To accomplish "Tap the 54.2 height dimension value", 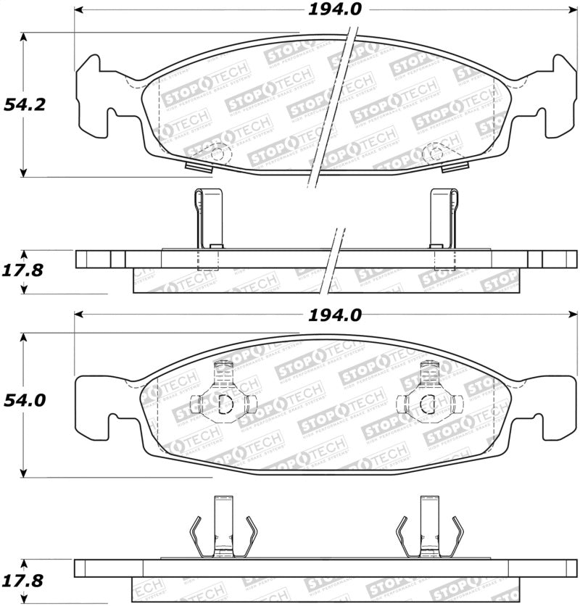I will coord(25,104).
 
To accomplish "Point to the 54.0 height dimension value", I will coord(25,400).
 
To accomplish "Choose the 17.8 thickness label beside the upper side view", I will coord(24,271).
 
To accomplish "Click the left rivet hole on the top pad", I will coord(217,152).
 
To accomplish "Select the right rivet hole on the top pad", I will coord(434,152).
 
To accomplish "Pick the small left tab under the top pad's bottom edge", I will coord(198,167).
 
